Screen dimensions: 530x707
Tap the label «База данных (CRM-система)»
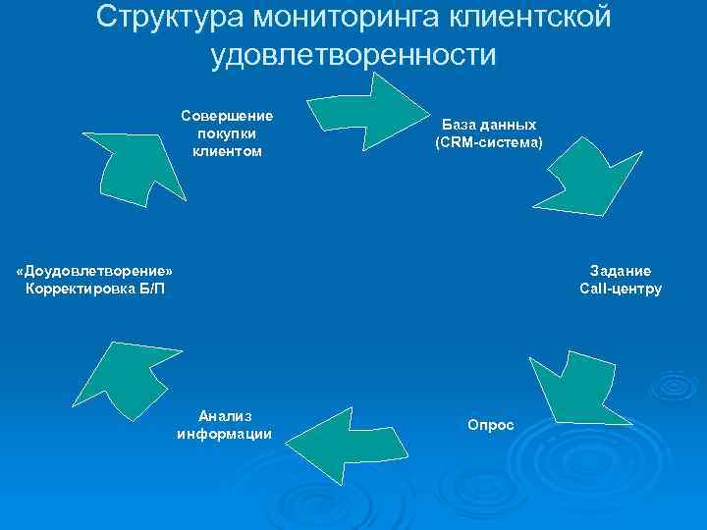tap(488, 133)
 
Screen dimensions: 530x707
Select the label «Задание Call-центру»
tap(621, 280)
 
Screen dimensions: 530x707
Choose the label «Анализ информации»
tap(225, 425)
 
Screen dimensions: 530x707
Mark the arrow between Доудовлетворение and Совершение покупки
tap(134, 162)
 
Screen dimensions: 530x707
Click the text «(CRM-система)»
tap(488, 143)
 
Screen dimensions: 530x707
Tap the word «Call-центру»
tap(621, 289)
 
